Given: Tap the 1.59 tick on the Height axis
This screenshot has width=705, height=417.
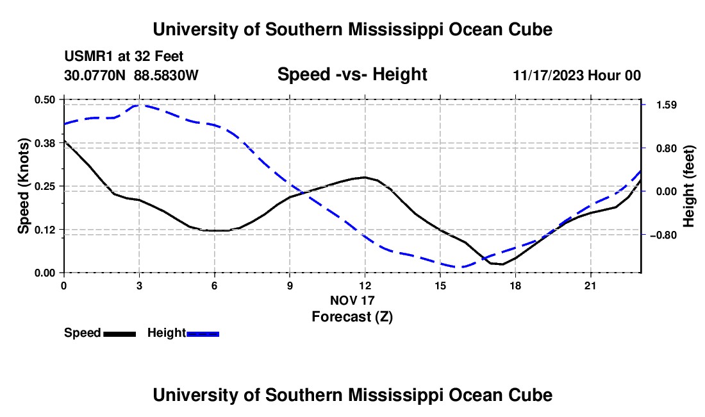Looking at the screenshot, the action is click(x=667, y=105).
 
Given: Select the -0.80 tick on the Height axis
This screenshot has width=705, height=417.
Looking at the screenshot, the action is click(x=663, y=235).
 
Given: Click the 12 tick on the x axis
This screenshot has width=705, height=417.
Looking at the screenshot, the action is click(x=365, y=285).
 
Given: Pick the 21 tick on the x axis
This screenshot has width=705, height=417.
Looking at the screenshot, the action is click(x=590, y=285).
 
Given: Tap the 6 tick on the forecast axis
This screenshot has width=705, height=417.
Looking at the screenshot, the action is click(x=215, y=285).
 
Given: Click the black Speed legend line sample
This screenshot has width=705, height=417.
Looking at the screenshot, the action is click(x=119, y=334).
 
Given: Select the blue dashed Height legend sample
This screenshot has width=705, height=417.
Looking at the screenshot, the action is click(x=203, y=334).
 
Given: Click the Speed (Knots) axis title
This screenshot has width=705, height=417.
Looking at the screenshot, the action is click(x=23, y=186).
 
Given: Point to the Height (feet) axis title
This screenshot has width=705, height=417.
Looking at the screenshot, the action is click(x=688, y=186).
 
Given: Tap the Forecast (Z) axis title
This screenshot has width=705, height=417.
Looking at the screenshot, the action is click(x=352, y=317).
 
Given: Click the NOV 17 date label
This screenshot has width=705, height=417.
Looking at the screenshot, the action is click(x=352, y=300).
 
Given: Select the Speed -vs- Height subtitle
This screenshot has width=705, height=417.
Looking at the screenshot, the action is click(x=352, y=74).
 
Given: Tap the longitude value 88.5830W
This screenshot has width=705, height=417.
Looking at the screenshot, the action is click(x=166, y=75).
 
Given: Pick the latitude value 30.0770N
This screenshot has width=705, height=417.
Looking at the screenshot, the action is click(x=94, y=75).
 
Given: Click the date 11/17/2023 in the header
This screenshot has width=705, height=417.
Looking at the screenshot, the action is click(x=548, y=75).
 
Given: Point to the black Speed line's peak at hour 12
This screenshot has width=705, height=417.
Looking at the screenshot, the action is click(x=365, y=177).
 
